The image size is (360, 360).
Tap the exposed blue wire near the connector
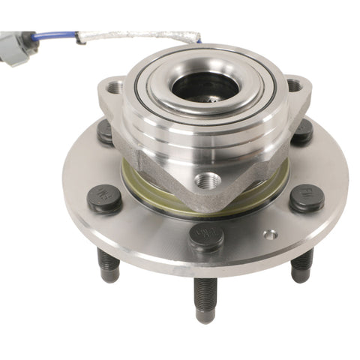pyautogui.click(x=57, y=35)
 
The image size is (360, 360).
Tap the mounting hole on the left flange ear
pyautogui.click(x=114, y=88)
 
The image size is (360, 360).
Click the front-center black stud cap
pyautogui.click(x=206, y=236)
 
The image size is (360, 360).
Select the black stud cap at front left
pyautogui.click(x=105, y=199)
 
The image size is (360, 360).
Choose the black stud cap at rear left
pyautogui.click(x=106, y=132)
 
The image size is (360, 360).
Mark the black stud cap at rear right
pyautogui.click(x=301, y=132)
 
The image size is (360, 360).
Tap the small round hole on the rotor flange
pyautogui.click(x=270, y=234)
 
